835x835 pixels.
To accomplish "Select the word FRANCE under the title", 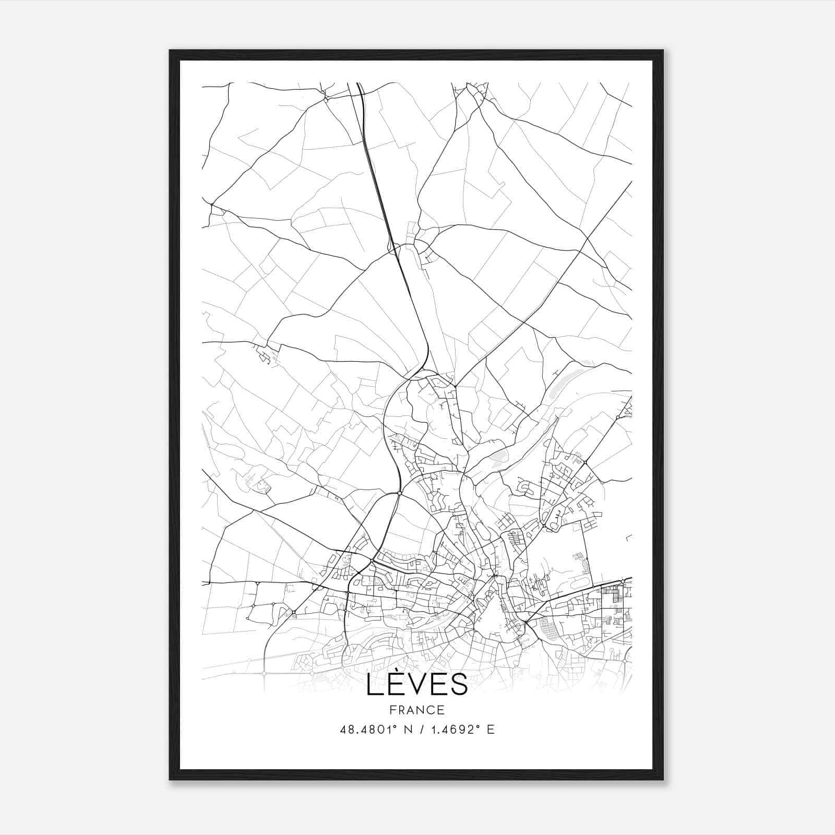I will [x=417, y=710].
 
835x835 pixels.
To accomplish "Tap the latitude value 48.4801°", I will [x=370, y=730].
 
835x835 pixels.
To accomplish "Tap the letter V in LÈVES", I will [x=417, y=685].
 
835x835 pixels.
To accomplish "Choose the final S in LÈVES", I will [x=459, y=685].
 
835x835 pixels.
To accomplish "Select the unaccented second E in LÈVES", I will [x=439, y=685].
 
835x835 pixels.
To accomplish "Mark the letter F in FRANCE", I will [x=392, y=710].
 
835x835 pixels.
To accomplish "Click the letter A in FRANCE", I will [x=411, y=710].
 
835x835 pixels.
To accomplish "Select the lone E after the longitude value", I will [x=491, y=730].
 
